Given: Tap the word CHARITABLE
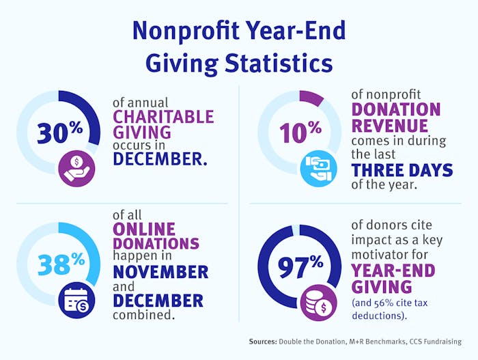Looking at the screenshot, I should point(163,116).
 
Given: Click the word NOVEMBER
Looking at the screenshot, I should point(160,272).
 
